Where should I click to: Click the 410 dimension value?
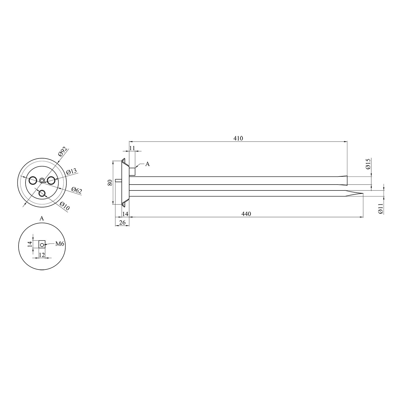[x=238, y=138]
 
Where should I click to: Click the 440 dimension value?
[x=246, y=214]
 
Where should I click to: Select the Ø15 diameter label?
[x=368, y=164]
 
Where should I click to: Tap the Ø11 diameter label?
[x=380, y=208]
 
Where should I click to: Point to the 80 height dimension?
[x=110, y=183]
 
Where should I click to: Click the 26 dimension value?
[x=122, y=222]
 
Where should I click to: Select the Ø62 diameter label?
[x=77, y=190]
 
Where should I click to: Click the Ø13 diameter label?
[x=71, y=171]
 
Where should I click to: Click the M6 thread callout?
[x=60, y=244]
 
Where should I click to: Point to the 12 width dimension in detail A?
[x=42, y=255]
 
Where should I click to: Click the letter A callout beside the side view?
[x=147, y=164]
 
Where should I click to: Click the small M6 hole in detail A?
[x=42, y=244]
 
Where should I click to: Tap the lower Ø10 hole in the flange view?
[x=42, y=193]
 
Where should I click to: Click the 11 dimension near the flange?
[x=132, y=148]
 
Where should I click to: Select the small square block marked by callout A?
[x=132, y=171]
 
